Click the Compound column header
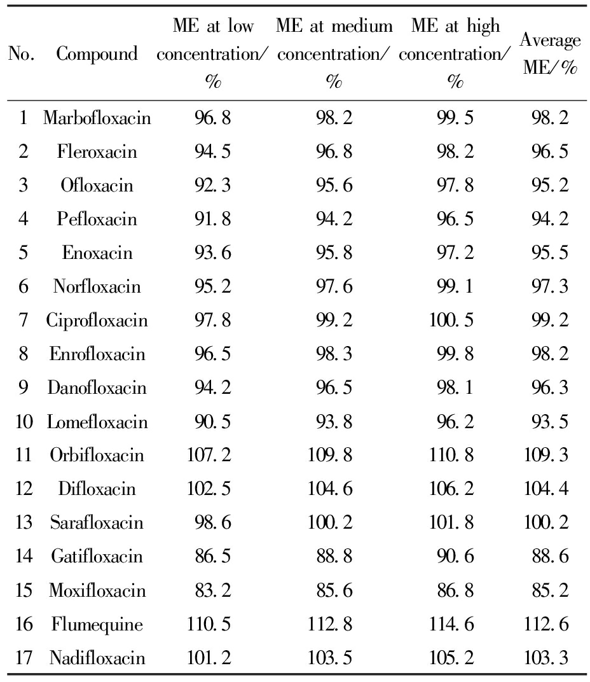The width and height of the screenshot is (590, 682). (97, 54)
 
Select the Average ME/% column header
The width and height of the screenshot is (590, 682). (550, 54)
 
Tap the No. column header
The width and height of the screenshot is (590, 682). (22, 54)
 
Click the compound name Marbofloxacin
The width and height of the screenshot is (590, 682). (97, 118)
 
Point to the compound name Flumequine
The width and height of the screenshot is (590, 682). (97, 624)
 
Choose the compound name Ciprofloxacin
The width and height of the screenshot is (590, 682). (97, 321)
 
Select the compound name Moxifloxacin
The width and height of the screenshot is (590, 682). (97, 590)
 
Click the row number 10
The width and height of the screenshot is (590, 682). (23, 422)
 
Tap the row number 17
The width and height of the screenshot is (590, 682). (23, 658)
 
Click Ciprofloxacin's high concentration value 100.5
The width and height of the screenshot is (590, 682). (451, 321)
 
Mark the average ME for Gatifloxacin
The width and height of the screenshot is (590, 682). (550, 557)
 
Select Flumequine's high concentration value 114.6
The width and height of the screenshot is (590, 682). (451, 624)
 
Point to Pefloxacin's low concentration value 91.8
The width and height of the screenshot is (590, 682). (213, 219)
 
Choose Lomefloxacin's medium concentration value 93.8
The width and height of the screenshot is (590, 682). (334, 422)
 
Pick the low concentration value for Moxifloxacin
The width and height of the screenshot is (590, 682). (213, 590)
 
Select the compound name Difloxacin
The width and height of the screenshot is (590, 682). (97, 489)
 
